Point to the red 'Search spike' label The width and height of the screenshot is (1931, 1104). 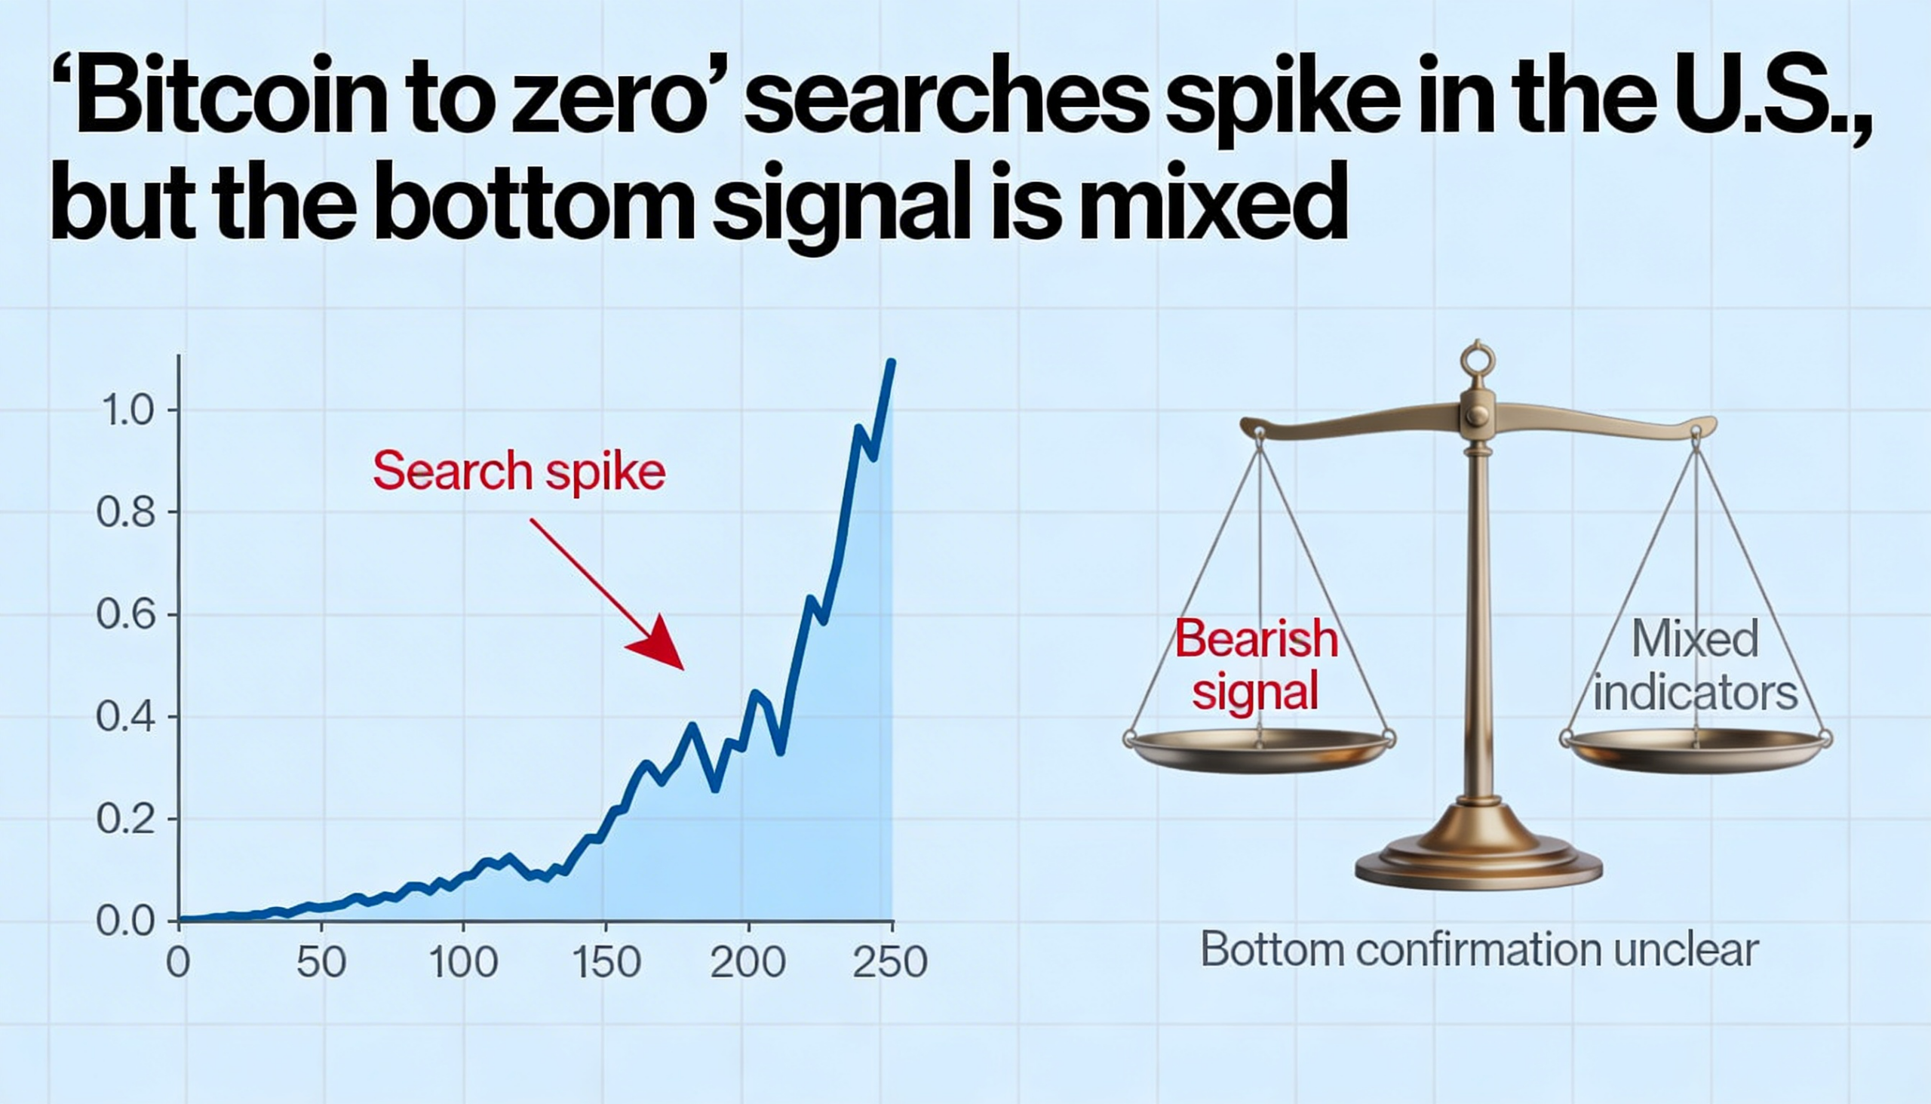click(x=519, y=471)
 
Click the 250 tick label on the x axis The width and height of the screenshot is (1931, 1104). click(x=890, y=962)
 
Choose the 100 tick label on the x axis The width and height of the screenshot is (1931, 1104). click(x=463, y=962)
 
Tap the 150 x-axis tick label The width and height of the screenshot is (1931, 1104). click(x=606, y=962)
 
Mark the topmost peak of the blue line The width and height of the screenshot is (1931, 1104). click(x=892, y=363)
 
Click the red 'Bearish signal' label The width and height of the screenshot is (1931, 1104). click(x=1256, y=665)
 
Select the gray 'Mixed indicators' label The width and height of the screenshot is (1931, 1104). click(x=1696, y=665)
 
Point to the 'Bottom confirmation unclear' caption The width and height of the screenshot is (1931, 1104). click(x=1478, y=949)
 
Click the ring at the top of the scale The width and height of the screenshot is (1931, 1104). click(x=1478, y=359)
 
